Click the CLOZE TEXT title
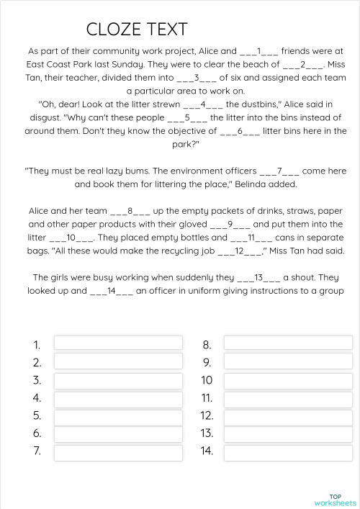point(137,29)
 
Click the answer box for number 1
point(118,343)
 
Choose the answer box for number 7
point(118,451)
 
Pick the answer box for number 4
point(118,397)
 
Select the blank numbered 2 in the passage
point(304,64)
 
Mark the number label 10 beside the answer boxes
point(207,380)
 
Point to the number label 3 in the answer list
point(37,380)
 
